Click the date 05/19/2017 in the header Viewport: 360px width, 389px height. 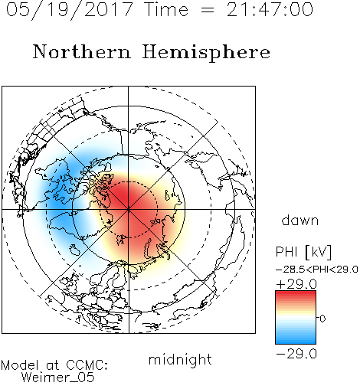(69, 10)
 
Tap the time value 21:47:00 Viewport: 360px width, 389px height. (270, 9)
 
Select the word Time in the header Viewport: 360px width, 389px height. (166, 9)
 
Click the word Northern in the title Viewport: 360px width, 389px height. (82, 51)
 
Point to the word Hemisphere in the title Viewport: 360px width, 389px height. (206, 53)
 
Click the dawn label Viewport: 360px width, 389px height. (300, 220)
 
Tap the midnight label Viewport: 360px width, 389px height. (180, 359)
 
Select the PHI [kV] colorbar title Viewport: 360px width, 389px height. (303, 252)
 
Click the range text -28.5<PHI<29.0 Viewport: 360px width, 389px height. (317, 270)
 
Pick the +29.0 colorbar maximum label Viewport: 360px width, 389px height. (296, 284)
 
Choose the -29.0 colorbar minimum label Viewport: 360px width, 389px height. (296, 354)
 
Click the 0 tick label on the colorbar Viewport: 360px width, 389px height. (322, 319)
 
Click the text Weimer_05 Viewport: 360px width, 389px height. (58, 378)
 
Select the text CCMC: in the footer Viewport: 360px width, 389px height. (87, 365)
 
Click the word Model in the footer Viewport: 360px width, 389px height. (20, 365)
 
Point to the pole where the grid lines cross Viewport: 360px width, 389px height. (129, 209)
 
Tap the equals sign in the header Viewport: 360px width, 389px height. (208, 10)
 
